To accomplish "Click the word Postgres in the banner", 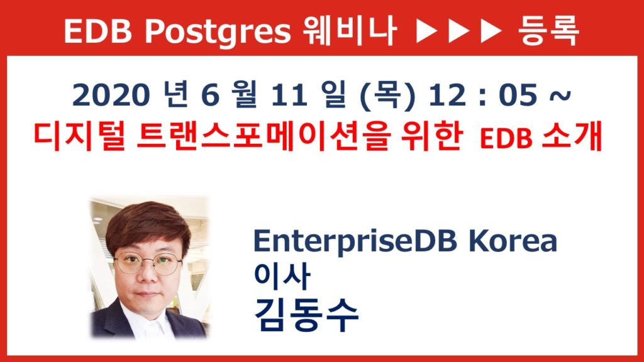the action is tap(218, 32).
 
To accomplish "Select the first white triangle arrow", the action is tap(427, 31).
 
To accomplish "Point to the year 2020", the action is tap(110, 96).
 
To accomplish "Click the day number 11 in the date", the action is tap(289, 96).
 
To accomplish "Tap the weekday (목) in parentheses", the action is tap(387, 96).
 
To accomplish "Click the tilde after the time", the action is tap(559, 96).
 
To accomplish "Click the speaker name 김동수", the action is tap(306, 315).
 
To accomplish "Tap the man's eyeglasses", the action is tap(148, 263).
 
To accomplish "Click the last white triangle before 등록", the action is tap(491, 31).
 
